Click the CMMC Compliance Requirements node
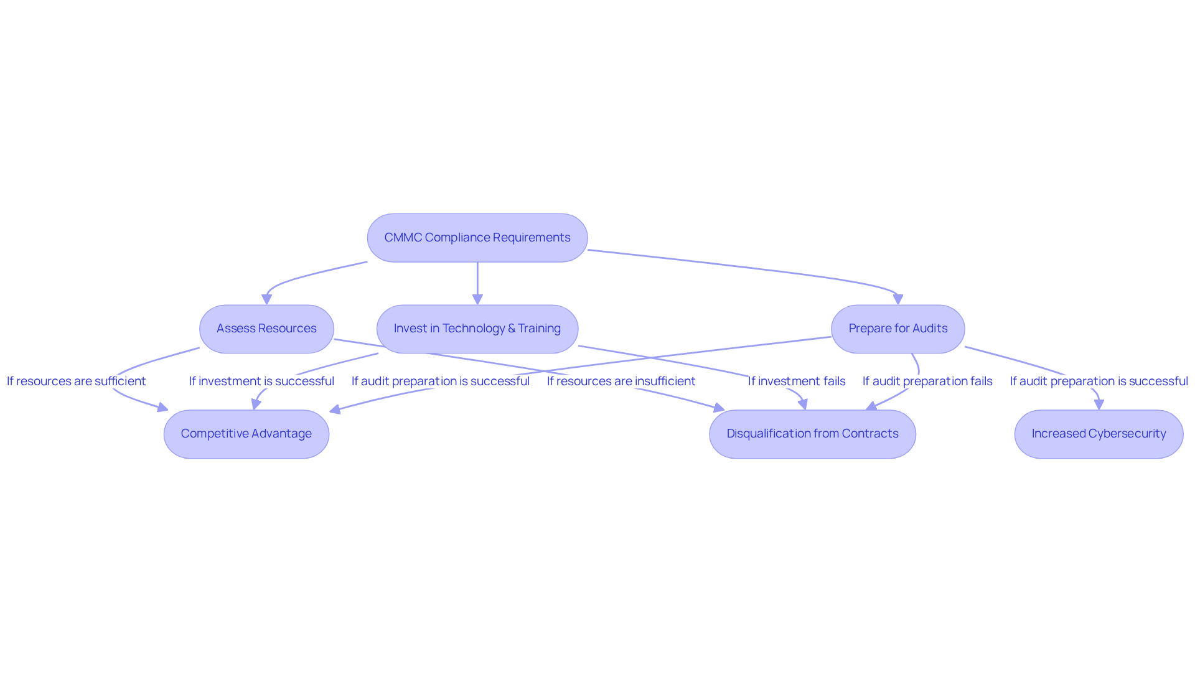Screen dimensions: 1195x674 (477, 238)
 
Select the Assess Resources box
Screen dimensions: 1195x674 (266, 329)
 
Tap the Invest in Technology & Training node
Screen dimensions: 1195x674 (477, 329)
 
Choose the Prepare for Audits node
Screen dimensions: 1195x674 (898, 329)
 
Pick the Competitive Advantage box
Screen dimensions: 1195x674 (246, 434)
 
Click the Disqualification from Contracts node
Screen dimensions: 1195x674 (812, 434)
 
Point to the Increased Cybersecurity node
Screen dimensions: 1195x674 (1099, 434)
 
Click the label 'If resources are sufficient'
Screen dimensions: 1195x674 (76, 381)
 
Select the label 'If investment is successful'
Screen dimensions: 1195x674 (261, 381)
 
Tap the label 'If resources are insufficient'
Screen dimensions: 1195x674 (621, 381)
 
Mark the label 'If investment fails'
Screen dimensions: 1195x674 (797, 381)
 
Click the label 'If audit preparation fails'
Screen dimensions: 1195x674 (927, 381)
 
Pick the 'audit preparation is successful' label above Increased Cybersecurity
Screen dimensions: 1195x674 (1099, 381)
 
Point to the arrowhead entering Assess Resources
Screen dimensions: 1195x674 (266, 299)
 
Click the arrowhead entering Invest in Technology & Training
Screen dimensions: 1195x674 (477, 299)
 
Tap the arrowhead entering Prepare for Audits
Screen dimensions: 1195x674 (898, 299)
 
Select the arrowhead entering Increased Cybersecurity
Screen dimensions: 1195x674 (1099, 405)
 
